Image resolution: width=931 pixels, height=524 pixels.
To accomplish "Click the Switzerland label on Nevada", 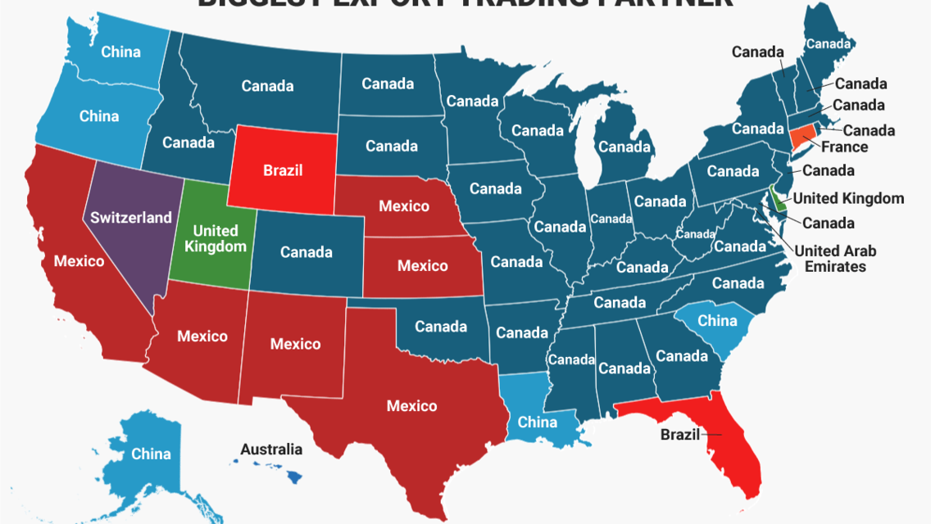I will (131, 218).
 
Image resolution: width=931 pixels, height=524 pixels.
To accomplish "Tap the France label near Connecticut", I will (844, 147).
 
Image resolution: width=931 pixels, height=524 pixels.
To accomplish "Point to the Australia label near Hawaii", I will (271, 449).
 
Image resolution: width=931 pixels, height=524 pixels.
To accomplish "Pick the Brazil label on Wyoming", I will (283, 171).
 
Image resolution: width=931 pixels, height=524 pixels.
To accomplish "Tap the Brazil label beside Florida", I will (680, 435).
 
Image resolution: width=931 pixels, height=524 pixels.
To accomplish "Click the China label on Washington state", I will (120, 52).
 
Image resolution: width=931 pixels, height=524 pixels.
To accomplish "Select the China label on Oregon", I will (99, 116).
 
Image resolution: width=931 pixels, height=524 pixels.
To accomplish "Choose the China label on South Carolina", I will (717, 321).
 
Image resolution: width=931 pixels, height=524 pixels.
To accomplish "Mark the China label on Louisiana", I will (537, 422).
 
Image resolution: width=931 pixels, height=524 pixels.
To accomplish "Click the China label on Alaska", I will (151, 454).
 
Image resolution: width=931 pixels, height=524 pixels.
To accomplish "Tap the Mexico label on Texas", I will (411, 406).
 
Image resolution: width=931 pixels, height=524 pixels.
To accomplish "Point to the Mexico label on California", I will (79, 261).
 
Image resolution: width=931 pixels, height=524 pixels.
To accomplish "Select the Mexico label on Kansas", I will (422, 266).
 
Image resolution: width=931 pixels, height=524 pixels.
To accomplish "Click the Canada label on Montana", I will (267, 85).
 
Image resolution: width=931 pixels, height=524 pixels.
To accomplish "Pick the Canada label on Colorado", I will (306, 252).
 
